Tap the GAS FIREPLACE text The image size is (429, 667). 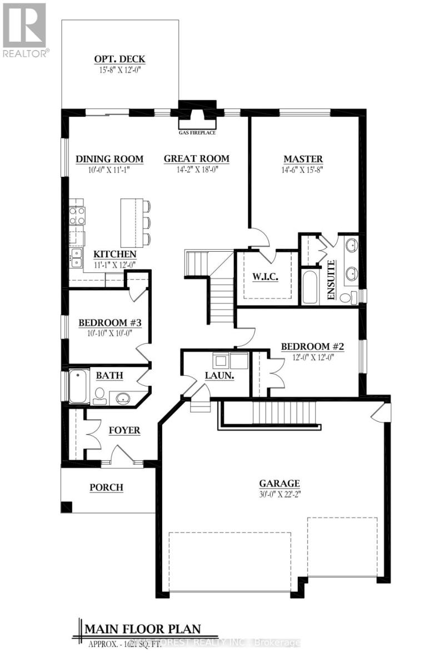coord(196,133)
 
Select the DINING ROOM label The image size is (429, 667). coord(109,159)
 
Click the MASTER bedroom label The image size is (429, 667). coord(303,159)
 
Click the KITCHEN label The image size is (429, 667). coord(114,254)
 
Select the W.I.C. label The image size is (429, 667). coord(265,276)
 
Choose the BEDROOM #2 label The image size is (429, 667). coord(313,347)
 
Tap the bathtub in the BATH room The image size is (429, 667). coord(79,386)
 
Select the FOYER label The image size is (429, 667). coord(124,430)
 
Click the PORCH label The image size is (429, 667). coord(106,487)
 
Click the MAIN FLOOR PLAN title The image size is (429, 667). coord(142,629)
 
